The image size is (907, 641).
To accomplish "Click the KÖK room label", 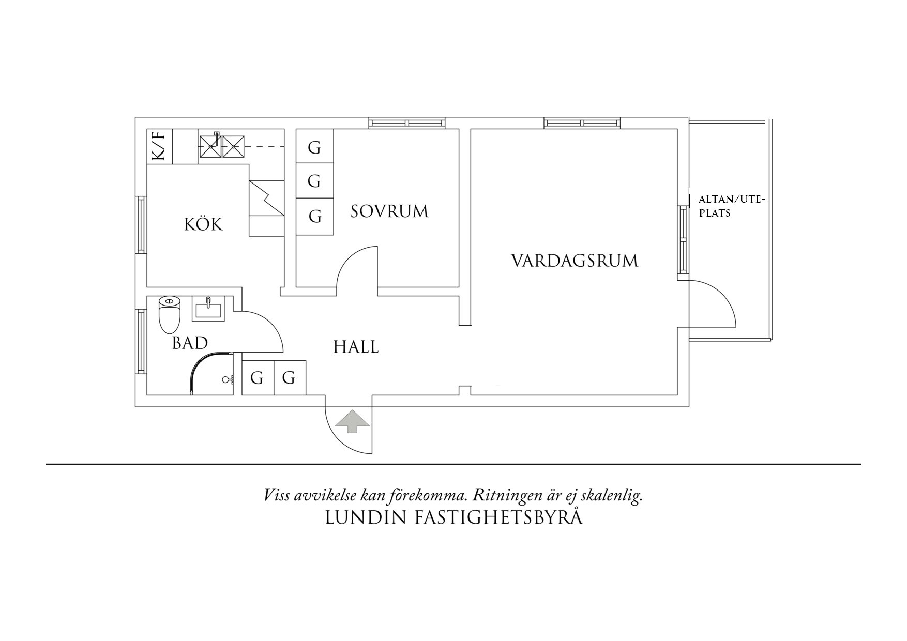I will coord(204,224).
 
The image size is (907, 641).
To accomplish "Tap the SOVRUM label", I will coord(389,211).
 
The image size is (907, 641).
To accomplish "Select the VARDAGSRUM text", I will coord(575,261).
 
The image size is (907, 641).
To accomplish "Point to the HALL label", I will coord(356,346).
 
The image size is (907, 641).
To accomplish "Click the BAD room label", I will coord(190,343).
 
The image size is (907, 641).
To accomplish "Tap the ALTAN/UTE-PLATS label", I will coord(731,206).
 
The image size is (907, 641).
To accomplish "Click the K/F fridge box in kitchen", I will coord(159,146).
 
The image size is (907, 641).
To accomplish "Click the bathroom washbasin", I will coord(208,309).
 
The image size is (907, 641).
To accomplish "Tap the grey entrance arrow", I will coord(352,420).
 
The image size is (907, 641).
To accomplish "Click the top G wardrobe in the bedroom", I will coord(314,147).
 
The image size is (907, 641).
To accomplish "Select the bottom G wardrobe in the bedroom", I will coord(314,216).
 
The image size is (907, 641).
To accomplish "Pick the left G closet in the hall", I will coord(257,378).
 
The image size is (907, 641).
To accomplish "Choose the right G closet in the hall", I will coord(289,378).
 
